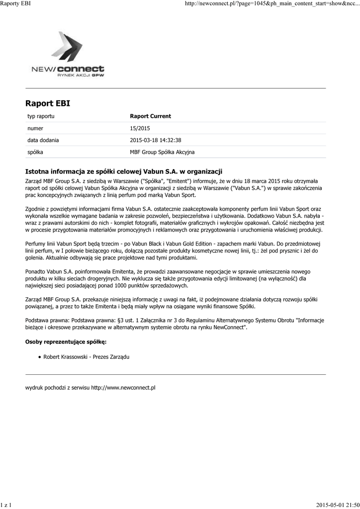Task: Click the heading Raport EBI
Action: tap(48, 103)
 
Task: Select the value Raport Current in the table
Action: tap(150, 116)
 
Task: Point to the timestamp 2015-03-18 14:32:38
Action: tap(155, 140)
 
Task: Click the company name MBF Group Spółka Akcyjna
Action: tap(162, 152)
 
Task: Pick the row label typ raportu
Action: tap(41, 116)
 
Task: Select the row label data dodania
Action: tap(43, 140)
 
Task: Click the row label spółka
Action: tap(35, 152)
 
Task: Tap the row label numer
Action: tap(35, 128)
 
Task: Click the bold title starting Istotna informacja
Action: tap(123, 171)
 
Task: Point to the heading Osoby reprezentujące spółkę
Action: tap(66, 342)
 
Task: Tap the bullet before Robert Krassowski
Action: tap(39, 357)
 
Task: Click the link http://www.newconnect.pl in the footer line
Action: tap(123, 387)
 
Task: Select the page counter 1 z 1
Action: tap(6, 505)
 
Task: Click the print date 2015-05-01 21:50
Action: tap(338, 505)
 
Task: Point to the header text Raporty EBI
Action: tap(15, 4)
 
